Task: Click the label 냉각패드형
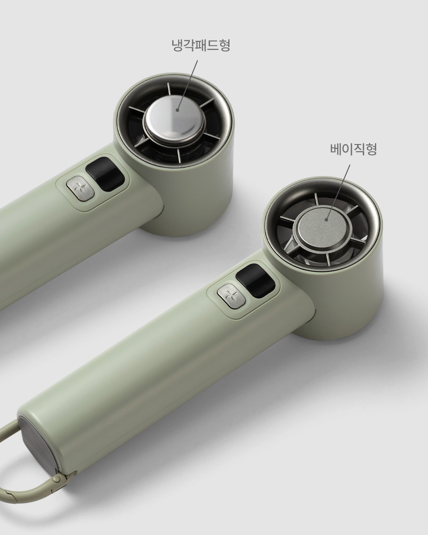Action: (x=201, y=45)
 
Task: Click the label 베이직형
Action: (x=354, y=149)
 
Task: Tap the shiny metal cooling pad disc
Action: (x=174, y=120)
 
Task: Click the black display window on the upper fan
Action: (x=105, y=174)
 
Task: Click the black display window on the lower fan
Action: (x=255, y=281)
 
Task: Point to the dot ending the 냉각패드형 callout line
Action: (x=177, y=109)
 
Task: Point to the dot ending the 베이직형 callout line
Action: (x=327, y=219)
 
